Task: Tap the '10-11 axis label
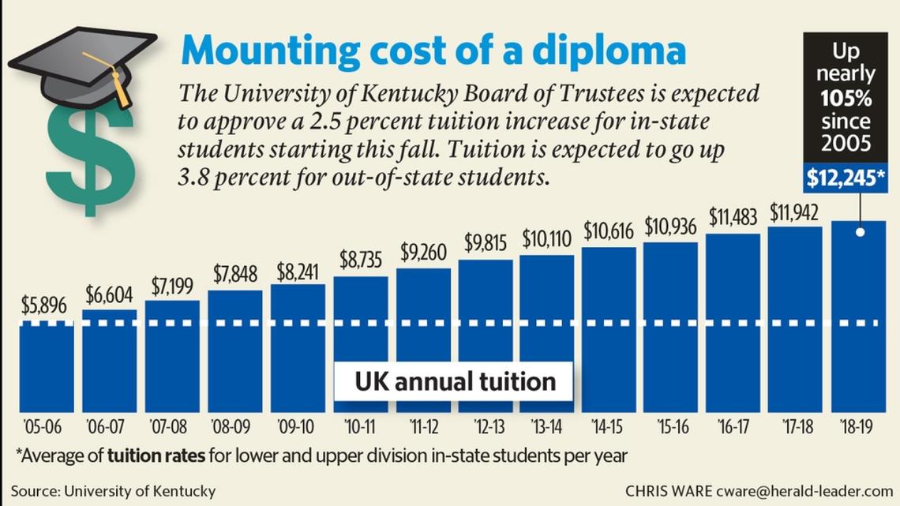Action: click(x=360, y=427)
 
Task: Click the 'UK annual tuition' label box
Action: click(x=444, y=382)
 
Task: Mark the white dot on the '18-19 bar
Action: click(x=858, y=232)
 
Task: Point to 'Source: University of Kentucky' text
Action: click(x=113, y=490)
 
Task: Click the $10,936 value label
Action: click(x=671, y=226)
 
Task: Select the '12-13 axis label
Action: click(x=484, y=427)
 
